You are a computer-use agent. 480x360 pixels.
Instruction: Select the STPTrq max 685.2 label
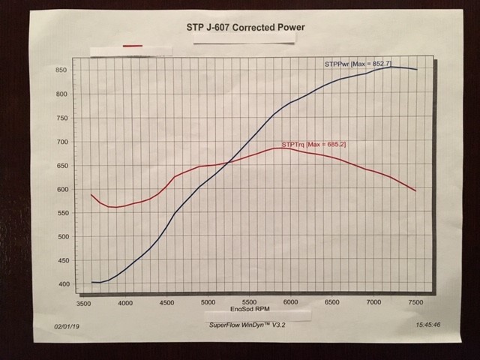point(313,142)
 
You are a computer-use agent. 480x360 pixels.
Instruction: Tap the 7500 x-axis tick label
point(414,302)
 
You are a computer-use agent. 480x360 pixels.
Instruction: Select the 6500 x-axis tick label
point(331,302)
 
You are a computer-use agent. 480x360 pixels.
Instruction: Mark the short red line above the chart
point(133,46)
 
